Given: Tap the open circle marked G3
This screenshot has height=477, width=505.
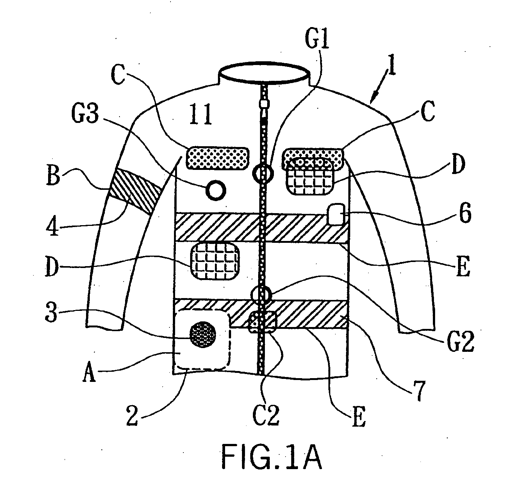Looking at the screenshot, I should coord(216,190).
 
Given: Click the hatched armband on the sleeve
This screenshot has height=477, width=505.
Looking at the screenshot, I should coord(135,190).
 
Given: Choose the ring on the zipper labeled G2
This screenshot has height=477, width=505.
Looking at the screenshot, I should coord(262,294).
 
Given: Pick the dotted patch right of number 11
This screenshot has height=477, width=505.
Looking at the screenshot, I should coord(218,157).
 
